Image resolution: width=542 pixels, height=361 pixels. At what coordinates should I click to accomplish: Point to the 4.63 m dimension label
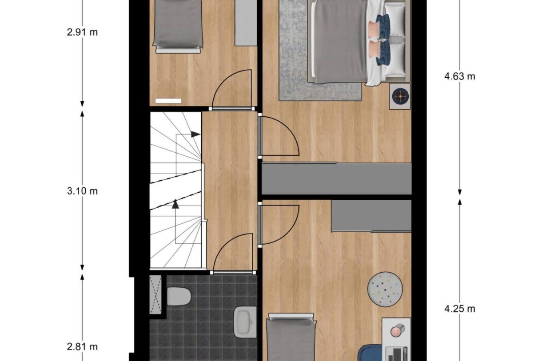click(x=459, y=76)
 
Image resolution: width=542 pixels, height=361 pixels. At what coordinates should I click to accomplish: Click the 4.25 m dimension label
click(x=459, y=309)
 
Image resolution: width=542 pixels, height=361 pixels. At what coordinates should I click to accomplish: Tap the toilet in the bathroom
click(x=179, y=296)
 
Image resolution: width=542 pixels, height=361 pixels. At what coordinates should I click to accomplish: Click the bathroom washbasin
click(x=245, y=322)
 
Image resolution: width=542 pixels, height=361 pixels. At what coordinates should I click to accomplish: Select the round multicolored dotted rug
click(x=385, y=289)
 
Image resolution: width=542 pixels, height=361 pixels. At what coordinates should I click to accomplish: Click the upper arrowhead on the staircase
click(x=195, y=134)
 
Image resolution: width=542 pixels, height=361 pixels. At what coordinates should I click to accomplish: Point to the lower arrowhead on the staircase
click(x=175, y=204)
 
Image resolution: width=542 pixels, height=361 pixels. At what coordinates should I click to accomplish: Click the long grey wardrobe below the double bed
click(x=336, y=179)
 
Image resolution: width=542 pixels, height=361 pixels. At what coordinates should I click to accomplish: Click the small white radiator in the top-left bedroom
click(x=168, y=101)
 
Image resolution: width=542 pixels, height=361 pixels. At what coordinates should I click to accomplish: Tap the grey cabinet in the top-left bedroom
click(x=246, y=22)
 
